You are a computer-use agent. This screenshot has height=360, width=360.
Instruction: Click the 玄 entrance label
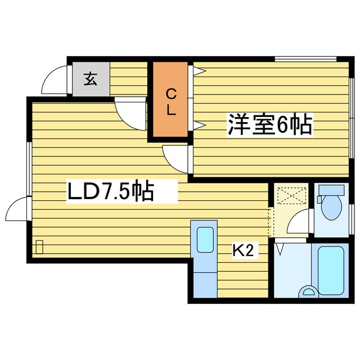[90, 78]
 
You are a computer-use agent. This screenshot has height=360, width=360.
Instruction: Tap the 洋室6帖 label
[269, 124]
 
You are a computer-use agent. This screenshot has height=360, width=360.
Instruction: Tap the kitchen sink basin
[205, 240]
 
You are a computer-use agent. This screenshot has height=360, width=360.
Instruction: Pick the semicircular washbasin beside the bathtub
[308, 291]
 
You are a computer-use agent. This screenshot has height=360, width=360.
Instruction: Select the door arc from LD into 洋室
[175, 157]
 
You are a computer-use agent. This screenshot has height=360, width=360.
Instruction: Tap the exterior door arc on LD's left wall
[16, 211]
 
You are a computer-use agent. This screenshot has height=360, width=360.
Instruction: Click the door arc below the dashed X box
[297, 223]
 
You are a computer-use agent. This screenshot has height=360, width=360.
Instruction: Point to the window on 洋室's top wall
[305, 58]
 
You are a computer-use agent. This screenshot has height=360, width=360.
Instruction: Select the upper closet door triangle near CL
[199, 71]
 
